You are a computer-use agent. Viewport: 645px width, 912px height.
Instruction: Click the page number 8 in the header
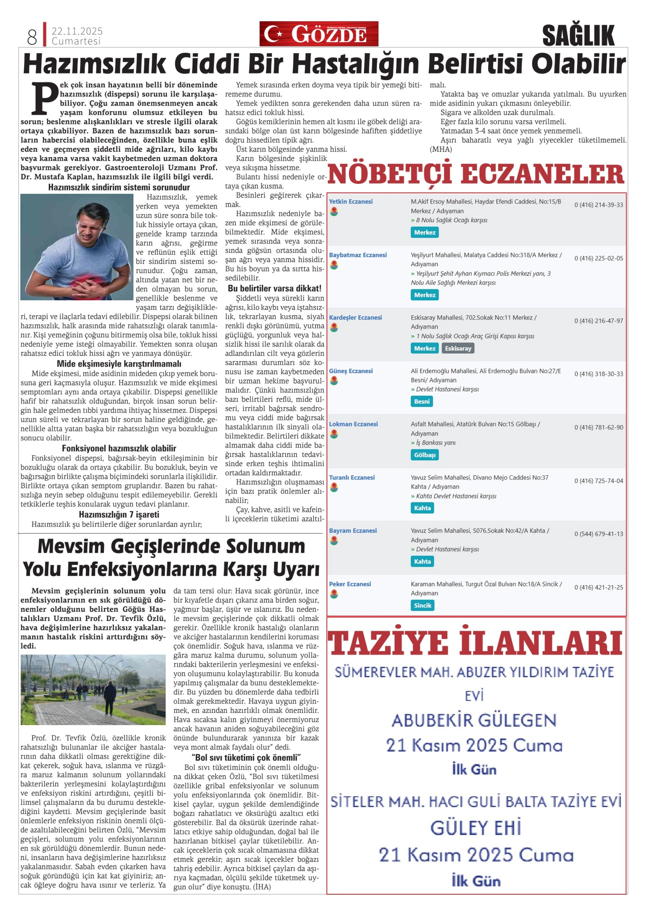pos(32,37)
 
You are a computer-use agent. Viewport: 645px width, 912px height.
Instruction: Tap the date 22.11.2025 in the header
pos(77,31)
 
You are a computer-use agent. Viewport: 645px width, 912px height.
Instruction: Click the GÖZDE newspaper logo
pos(319,34)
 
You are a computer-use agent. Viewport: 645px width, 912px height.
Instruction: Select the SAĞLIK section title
pos(578,36)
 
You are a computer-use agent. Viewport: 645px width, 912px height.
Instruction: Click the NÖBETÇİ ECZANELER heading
pos(475,174)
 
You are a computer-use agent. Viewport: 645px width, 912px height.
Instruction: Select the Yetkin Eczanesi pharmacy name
pos(351,202)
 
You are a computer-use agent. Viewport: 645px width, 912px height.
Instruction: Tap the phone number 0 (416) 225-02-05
pos(598,258)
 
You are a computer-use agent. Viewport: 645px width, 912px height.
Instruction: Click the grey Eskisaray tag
pos(458,348)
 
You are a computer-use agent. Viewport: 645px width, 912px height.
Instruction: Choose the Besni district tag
pos(421,402)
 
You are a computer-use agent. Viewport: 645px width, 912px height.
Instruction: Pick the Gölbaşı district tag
pos(424,455)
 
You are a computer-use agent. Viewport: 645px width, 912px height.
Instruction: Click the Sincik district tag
pos(422,605)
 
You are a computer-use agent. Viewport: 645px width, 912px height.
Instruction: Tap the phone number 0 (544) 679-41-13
pos(598,534)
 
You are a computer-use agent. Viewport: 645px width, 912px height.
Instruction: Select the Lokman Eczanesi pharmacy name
pos(353,424)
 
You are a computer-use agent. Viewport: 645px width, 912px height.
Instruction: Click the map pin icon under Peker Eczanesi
pos(334,594)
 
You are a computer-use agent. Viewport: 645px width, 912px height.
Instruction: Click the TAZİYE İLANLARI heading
pos(475,644)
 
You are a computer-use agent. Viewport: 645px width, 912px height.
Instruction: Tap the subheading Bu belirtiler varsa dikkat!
pos(274,288)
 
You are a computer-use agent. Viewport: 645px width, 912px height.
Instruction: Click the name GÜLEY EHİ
pos(475,828)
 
